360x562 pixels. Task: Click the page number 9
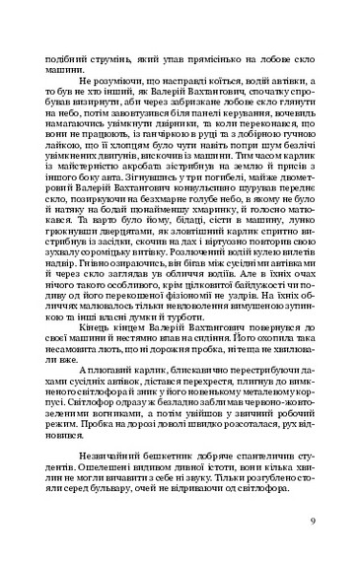pyautogui.click(x=312, y=522)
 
